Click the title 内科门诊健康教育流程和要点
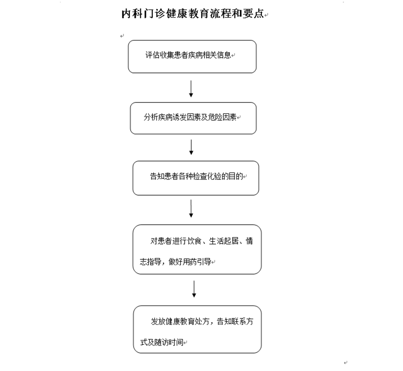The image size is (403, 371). point(193,14)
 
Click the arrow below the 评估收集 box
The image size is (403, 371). point(191,89)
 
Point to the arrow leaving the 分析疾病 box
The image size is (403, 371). point(191,147)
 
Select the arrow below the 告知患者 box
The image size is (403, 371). point(191,209)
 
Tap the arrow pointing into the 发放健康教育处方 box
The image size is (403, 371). point(194,289)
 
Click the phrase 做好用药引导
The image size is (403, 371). point(190,262)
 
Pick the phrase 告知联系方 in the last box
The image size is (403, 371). point(235,322)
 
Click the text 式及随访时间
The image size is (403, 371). point(162,342)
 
